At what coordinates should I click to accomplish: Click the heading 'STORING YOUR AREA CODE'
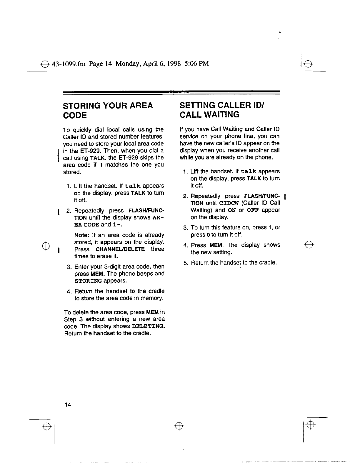[108, 110]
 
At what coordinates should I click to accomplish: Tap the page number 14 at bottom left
[68, 405]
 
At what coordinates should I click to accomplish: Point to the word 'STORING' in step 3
[88, 281]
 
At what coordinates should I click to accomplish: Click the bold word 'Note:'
[82, 235]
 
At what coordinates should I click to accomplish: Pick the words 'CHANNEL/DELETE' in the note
[120, 249]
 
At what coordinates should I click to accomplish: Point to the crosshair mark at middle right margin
[309, 244]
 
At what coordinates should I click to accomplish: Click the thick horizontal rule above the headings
[171, 92]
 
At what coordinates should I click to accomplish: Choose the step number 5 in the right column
[186, 263]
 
